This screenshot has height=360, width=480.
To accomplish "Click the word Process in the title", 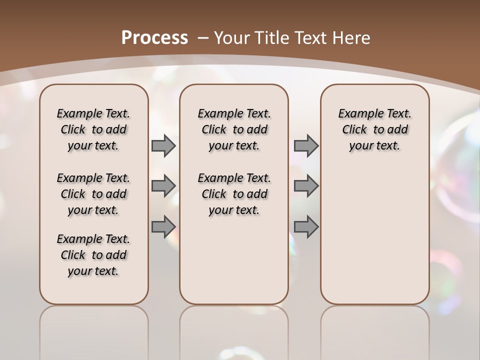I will (154, 37).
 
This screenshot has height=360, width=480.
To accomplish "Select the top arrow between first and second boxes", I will (163, 146).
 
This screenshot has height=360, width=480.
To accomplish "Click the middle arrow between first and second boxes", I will (163, 186).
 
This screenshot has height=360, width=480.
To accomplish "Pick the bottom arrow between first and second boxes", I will (163, 227).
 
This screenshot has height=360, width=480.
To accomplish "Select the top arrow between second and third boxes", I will (306, 146).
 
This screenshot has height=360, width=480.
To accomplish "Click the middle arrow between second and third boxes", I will (306, 186).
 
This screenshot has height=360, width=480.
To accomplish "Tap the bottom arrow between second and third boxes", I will (306, 227).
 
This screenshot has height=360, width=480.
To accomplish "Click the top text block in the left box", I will (93, 129).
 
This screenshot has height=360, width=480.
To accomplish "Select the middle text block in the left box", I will (93, 194).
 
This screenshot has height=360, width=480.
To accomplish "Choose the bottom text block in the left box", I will (93, 255).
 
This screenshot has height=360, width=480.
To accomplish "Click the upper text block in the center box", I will (234, 129).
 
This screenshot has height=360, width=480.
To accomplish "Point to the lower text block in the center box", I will (234, 194).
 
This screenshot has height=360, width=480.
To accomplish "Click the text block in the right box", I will (375, 129).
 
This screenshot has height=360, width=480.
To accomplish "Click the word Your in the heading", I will (229, 37).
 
